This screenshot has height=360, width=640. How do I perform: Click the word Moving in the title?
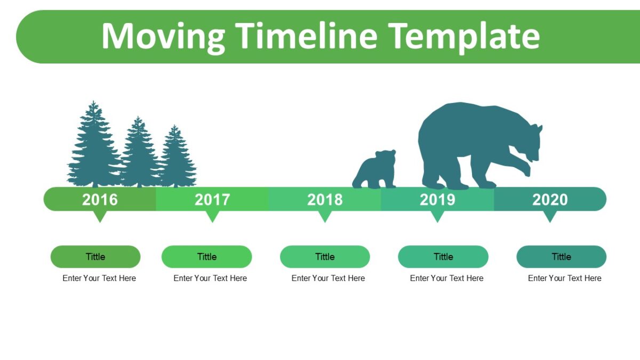163,37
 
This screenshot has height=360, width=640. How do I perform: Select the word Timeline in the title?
306,36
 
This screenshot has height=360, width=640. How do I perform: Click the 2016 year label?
100,199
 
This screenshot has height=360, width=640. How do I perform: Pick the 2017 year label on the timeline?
212,199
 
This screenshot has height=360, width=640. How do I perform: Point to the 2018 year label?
325,199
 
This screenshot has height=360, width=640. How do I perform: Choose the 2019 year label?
437,199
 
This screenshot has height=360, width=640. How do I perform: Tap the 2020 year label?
550,199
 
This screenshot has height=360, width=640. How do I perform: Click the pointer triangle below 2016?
100,216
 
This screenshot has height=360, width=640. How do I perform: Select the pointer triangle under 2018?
325,216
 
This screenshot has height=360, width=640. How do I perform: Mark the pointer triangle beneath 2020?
550,216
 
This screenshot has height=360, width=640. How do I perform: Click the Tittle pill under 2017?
206,257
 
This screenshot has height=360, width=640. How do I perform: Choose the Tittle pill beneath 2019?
443,257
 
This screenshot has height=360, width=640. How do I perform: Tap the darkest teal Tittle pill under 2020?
562,257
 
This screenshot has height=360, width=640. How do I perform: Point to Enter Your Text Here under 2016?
99,278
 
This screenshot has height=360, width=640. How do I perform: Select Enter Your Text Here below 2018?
328,278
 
